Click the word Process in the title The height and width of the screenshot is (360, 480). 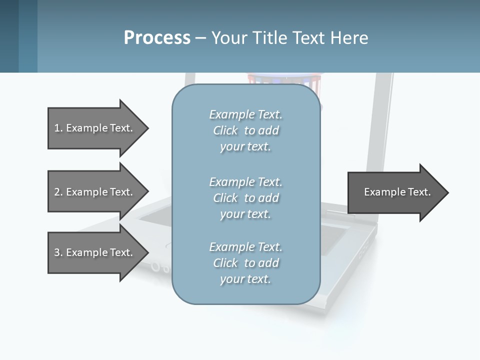coord(157,38)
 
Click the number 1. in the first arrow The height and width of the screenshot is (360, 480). coord(58,128)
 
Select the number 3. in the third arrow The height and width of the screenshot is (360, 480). coord(58,252)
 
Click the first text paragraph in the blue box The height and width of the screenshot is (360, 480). coord(245,130)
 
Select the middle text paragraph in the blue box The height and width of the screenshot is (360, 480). coord(245,197)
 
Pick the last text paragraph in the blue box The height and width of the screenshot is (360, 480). coord(245,263)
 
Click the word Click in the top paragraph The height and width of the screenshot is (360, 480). coord(225,130)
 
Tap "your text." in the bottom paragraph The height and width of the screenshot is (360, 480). coord(245,279)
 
